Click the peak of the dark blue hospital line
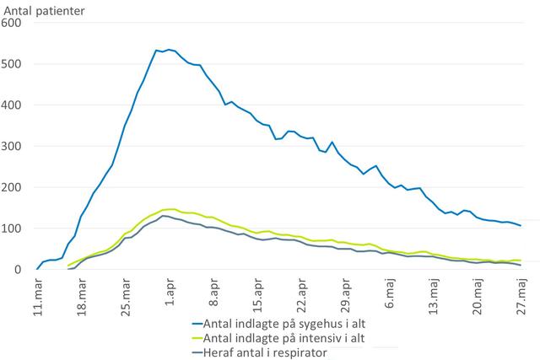[169, 50]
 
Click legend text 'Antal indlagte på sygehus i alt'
[278, 321]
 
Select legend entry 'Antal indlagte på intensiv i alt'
[278, 336]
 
